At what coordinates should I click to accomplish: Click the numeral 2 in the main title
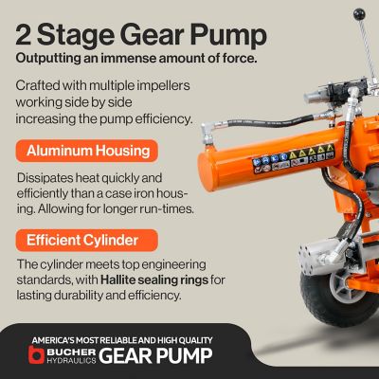point(24,35)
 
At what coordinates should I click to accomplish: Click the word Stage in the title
point(76,37)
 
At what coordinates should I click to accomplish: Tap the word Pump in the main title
point(228,37)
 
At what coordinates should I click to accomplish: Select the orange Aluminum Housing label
point(87,151)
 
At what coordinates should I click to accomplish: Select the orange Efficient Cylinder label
point(87,241)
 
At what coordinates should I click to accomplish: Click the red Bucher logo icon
point(36,354)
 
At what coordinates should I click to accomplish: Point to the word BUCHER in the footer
point(71,352)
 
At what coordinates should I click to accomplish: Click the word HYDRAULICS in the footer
point(71,360)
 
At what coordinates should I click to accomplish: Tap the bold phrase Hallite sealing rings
point(154,280)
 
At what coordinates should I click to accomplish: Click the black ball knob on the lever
point(359,14)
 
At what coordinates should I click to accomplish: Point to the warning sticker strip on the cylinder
point(293,159)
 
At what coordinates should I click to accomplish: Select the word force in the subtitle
point(241,58)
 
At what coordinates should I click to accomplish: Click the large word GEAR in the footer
point(125,355)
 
